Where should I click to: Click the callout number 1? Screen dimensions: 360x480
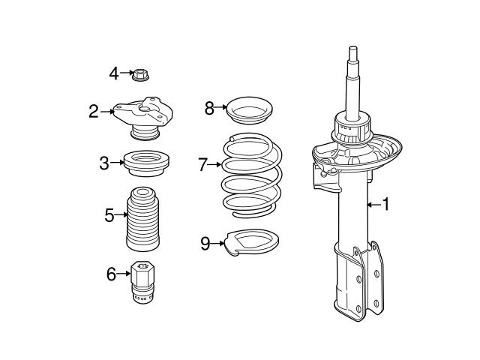pyautogui.click(x=386, y=203)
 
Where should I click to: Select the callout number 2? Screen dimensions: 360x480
pyautogui.click(x=93, y=112)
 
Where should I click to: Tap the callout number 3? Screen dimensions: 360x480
pyautogui.click(x=105, y=161)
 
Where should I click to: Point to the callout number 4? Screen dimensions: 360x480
pyautogui.click(x=114, y=73)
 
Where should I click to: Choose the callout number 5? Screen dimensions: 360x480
pyautogui.click(x=109, y=216)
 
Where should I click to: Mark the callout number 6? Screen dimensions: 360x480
pyautogui.click(x=112, y=274)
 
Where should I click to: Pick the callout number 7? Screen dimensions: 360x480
pyautogui.click(x=202, y=164)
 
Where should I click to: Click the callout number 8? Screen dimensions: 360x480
pyautogui.click(x=210, y=108)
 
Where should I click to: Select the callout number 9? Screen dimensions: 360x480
pyautogui.click(x=205, y=243)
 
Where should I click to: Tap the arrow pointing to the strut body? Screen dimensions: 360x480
pyautogui.click(x=373, y=203)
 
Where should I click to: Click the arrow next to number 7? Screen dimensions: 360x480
pyautogui.click(x=215, y=164)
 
